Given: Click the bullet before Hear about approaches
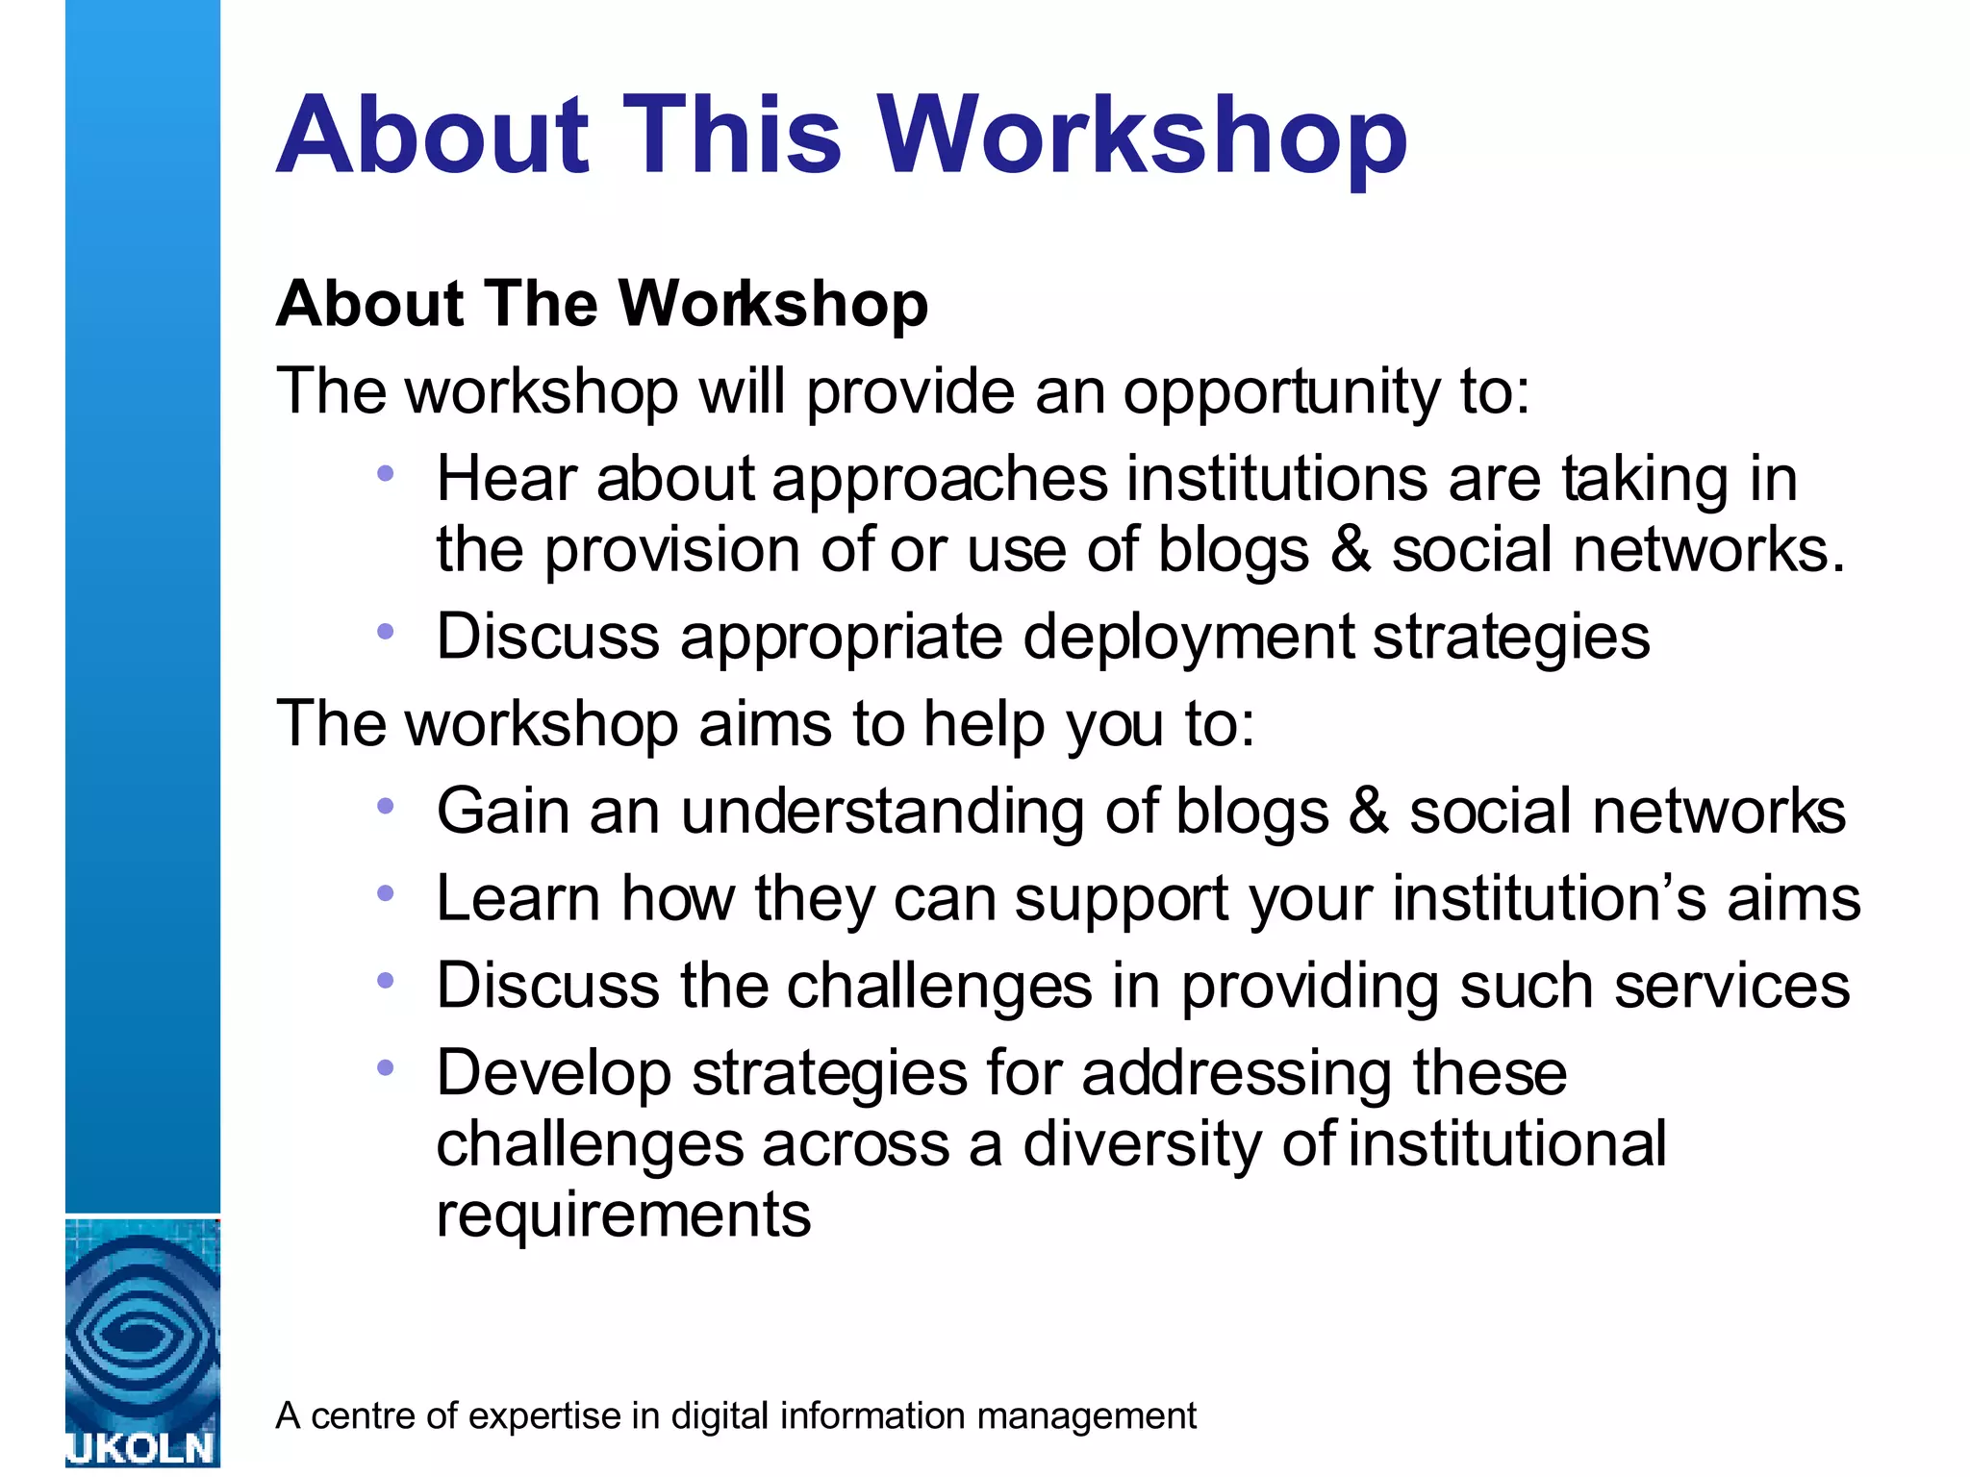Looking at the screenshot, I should coord(386,473).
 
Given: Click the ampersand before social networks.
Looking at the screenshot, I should coord(1351,549).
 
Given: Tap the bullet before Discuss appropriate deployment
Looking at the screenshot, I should coord(386,632).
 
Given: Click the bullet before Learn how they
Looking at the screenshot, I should coord(386,893).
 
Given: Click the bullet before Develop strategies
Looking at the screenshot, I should coord(386,1067).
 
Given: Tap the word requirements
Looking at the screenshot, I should coord(623,1214).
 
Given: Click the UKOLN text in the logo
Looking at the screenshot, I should coord(141,1448).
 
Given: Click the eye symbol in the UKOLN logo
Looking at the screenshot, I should coord(141,1332).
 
